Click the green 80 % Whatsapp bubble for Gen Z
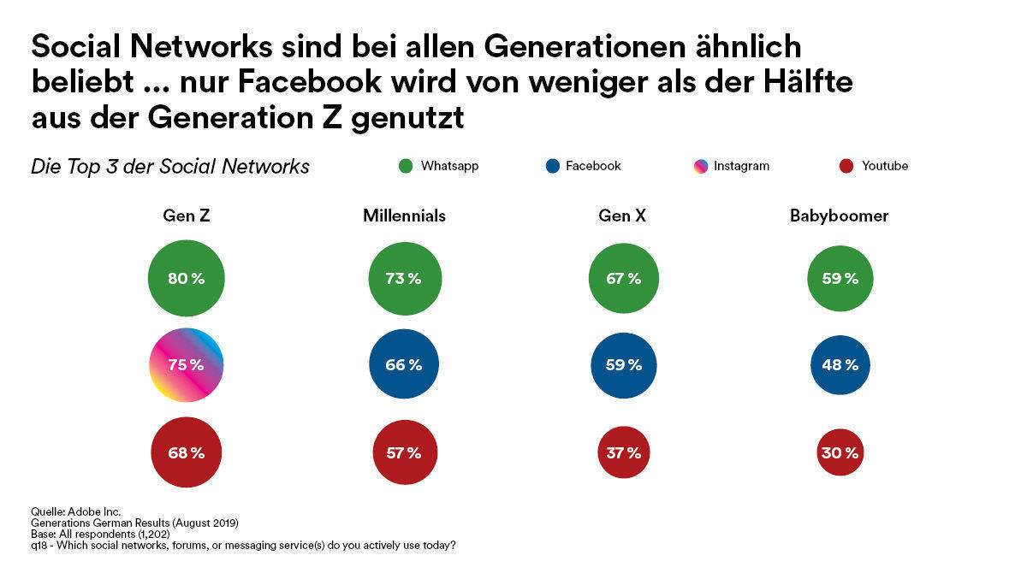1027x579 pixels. point(187,279)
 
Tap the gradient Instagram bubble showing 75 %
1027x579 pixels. point(187,365)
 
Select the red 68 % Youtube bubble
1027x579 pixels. point(187,452)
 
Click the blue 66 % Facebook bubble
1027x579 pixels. point(404,365)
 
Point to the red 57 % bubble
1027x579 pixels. point(404,452)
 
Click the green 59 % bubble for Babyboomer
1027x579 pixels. point(840,279)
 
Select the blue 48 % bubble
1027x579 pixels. point(840,365)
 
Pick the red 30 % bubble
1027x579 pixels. point(840,452)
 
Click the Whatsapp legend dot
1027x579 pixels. point(406,166)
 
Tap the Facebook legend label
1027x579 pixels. point(593,166)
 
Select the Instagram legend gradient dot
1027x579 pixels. point(701,166)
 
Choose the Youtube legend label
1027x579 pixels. point(885,166)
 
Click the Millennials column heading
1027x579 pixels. point(404,216)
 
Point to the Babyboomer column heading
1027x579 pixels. point(839,216)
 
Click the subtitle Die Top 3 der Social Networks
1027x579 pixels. point(170,167)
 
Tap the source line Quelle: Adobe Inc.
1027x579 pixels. point(75,512)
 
